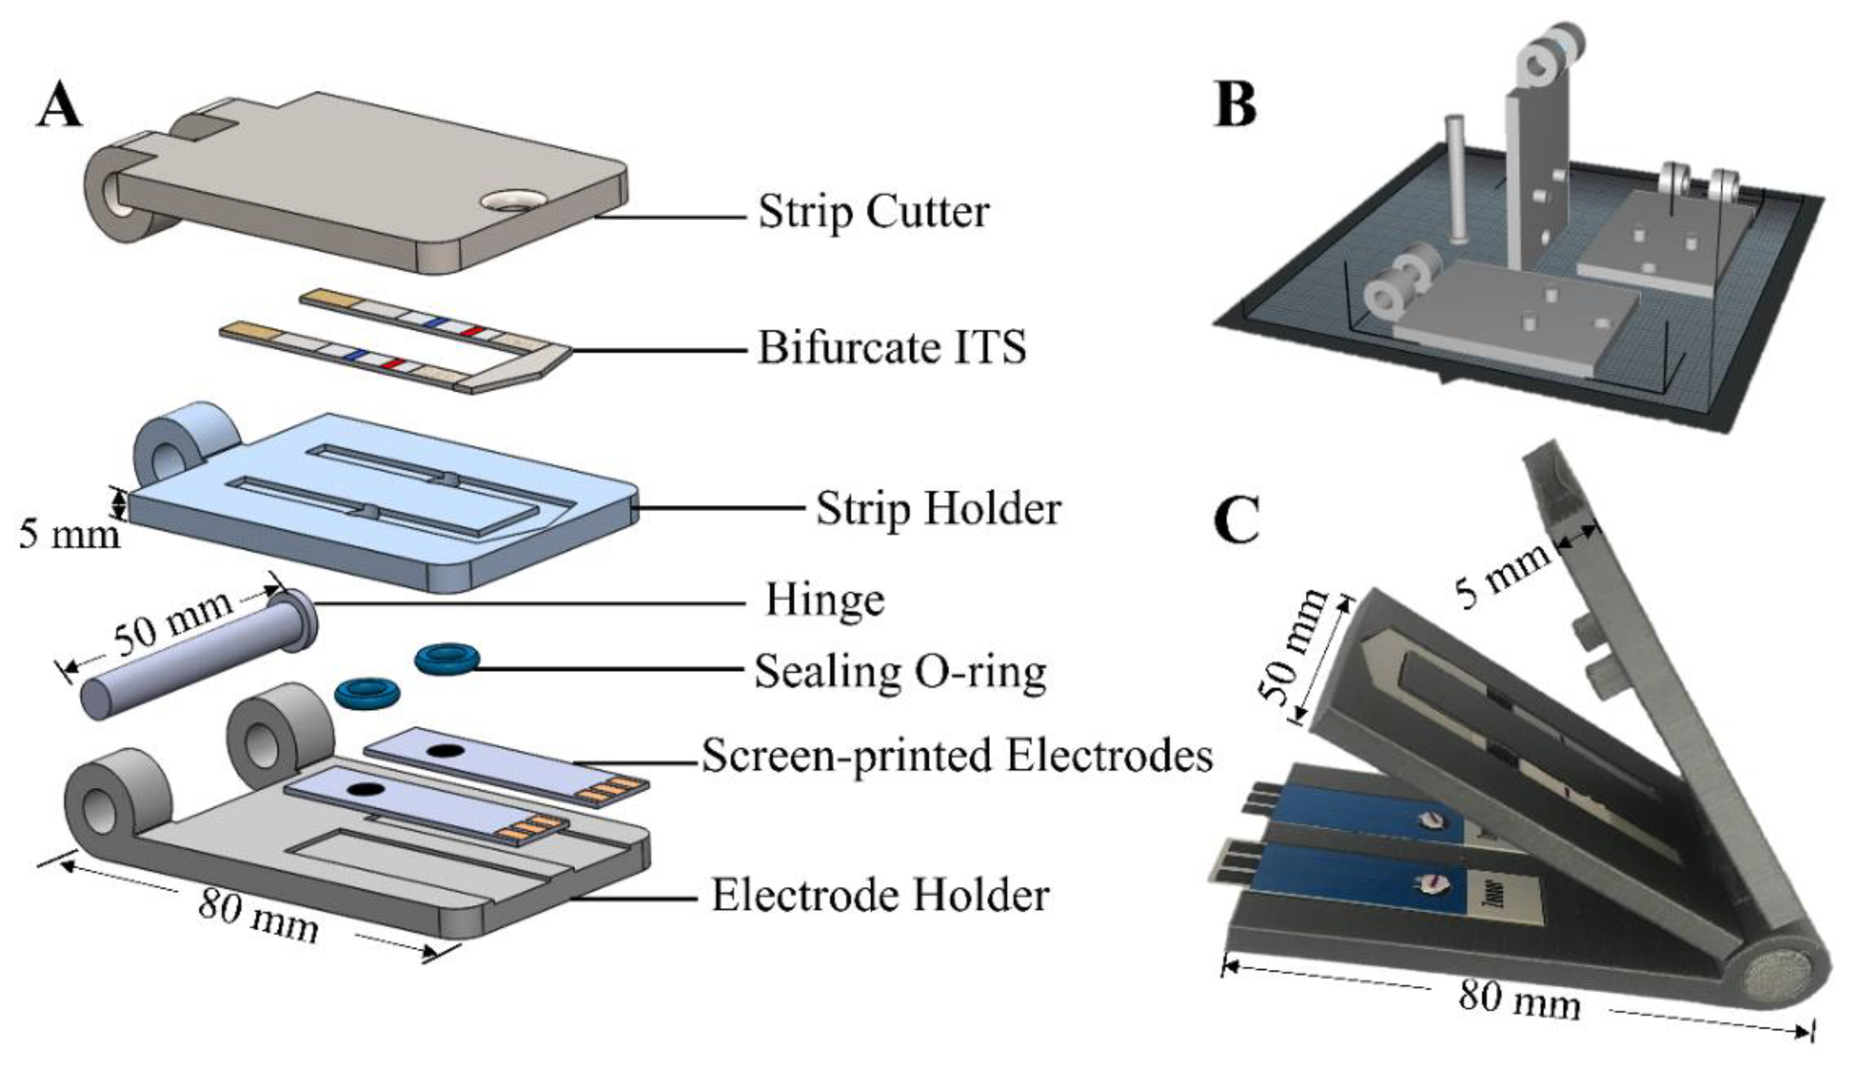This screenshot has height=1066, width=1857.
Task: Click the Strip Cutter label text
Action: tap(873, 212)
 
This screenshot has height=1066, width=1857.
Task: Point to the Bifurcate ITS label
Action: tap(891, 347)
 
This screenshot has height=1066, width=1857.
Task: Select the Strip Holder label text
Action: tap(938, 508)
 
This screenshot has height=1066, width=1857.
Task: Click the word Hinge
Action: tap(825, 600)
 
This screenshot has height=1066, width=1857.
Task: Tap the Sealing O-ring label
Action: tap(900, 671)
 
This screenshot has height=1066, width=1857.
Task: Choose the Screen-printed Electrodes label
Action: tap(957, 756)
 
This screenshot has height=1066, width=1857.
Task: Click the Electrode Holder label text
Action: tap(880, 895)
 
